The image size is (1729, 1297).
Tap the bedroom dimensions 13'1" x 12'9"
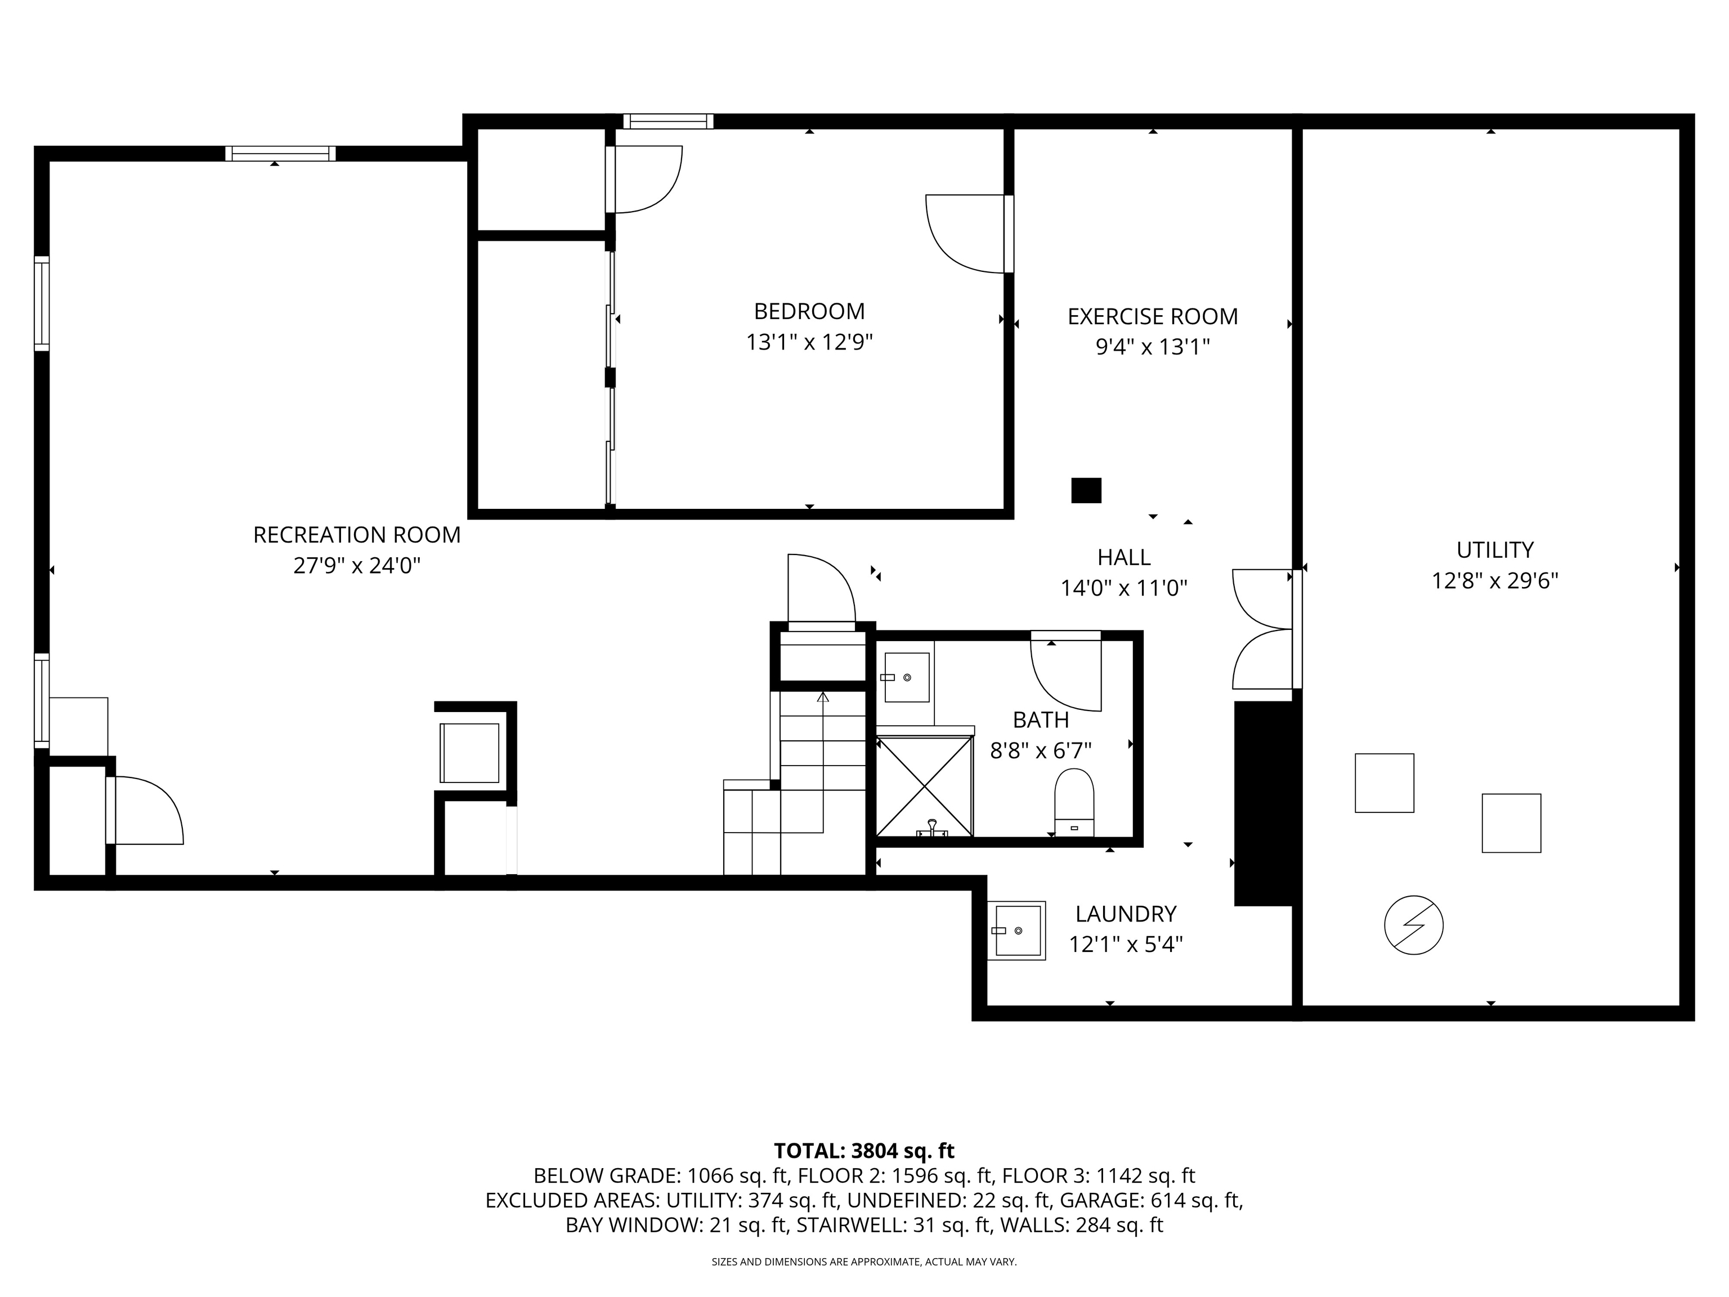click(x=809, y=342)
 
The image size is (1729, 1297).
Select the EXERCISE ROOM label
click(x=1152, y=316)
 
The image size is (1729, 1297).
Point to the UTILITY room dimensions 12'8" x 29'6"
click(x=1494, y=581)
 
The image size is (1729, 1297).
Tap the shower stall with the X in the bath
click(x=924, y=786)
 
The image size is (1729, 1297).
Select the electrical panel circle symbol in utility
click(x=1413, y=925)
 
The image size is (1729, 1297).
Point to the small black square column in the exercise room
click(x=1086, y=490)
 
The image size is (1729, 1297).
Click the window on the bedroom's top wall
click(x=668, y=121)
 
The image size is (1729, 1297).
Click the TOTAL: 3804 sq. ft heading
click(x=864, y=1151)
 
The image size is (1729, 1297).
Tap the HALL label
click(x=1123, y=557)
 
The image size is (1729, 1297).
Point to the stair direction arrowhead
click(x=822, y=696)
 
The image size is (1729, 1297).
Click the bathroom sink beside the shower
click(x=907, y=677)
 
